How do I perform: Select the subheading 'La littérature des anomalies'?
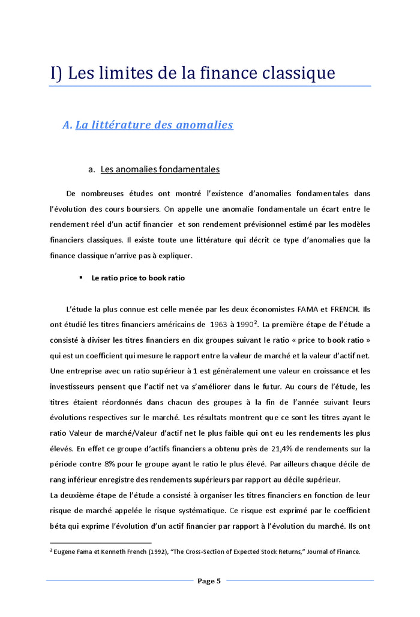coord(154,125)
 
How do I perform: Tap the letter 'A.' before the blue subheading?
coord(67,125)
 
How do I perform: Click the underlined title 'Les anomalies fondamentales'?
coord(160,169)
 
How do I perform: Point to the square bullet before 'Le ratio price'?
coord(80,278)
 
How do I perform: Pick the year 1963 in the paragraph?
coord(219,325)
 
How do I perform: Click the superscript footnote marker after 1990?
coord(256,322)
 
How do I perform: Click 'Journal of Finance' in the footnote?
coord(334,552)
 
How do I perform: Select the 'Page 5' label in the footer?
coord(209,580)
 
